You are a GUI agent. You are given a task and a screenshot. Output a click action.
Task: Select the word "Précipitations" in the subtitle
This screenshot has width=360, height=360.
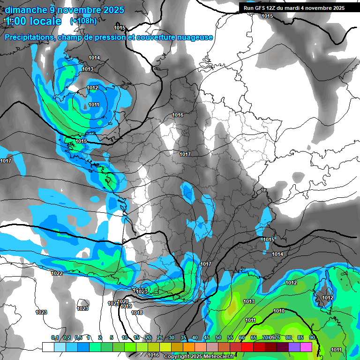click(29, 37)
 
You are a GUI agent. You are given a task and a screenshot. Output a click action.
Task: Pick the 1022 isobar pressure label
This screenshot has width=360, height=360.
click(57, 273)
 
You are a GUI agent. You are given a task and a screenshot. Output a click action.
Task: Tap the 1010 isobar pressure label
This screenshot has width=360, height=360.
click(279, 311)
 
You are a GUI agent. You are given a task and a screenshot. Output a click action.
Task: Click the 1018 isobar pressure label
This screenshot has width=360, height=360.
click(137, 313)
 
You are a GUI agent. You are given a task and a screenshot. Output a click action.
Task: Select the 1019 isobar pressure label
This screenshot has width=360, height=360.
click(126, 307)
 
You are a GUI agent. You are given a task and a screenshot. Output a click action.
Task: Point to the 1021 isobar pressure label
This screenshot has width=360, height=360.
click(113, 303)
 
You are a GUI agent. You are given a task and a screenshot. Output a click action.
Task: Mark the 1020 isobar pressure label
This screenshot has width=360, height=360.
click(123, 301)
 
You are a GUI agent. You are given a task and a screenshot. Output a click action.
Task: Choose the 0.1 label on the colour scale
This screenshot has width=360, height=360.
click(54, 338)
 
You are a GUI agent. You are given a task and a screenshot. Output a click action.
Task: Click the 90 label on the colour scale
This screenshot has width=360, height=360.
click(312, 338)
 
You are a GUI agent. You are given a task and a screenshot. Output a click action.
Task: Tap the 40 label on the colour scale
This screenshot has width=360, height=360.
click(195, 338)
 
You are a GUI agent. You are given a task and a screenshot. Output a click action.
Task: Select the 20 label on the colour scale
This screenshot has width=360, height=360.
click(148, 338)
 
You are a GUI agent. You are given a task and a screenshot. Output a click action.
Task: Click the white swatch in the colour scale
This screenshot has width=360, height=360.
click(48, 347)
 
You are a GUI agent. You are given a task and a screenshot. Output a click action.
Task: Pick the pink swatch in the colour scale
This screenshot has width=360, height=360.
click(306, 347)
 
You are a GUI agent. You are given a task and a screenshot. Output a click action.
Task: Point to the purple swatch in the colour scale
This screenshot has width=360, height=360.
click(294, 347)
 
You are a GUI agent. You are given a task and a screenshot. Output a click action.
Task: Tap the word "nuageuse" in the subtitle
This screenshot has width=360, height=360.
click(196, 37)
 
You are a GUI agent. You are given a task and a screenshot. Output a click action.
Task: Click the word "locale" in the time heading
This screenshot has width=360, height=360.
click(45, 21)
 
